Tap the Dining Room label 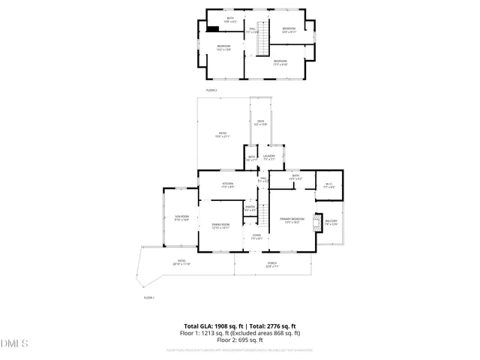(220, 226)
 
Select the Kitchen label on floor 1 (227, 184)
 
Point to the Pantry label (250, 208)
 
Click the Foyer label (256, 237)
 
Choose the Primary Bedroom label (290, 220)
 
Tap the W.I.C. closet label (328, 186)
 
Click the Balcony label (331, 222)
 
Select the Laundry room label (269, 157)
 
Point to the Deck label (261, 123)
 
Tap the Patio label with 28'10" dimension (181, 262)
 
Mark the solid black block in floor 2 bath (214, 29)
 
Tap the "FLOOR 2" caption (211, 90)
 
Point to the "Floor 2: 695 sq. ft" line (240, 339)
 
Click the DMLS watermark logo (15, 343)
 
